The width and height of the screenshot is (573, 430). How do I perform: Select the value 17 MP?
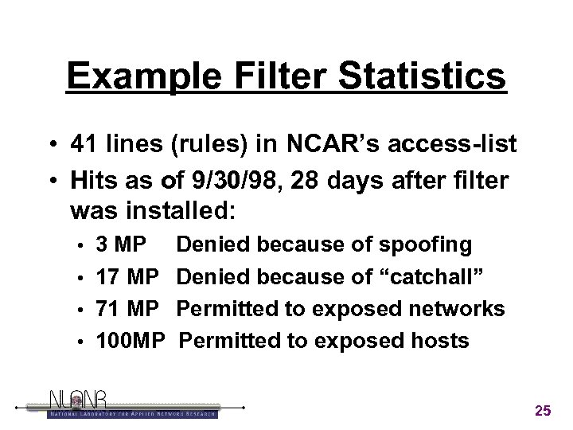127,276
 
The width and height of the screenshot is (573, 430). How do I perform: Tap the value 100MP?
130,341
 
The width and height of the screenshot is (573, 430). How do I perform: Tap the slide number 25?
543,411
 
